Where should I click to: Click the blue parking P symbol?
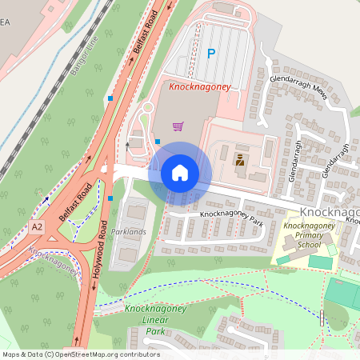pos(211,54)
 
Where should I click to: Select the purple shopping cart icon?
pos(178,126)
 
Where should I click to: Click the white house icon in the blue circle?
pos(180,173)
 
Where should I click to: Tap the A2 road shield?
pos(38,227)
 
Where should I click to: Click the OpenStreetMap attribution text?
pos(80,354)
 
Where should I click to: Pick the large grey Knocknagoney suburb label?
pos(330,211)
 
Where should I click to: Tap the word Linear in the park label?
pos(142,320)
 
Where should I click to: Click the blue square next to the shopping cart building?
pos(158,142)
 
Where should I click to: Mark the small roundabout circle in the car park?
pos(146,106)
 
